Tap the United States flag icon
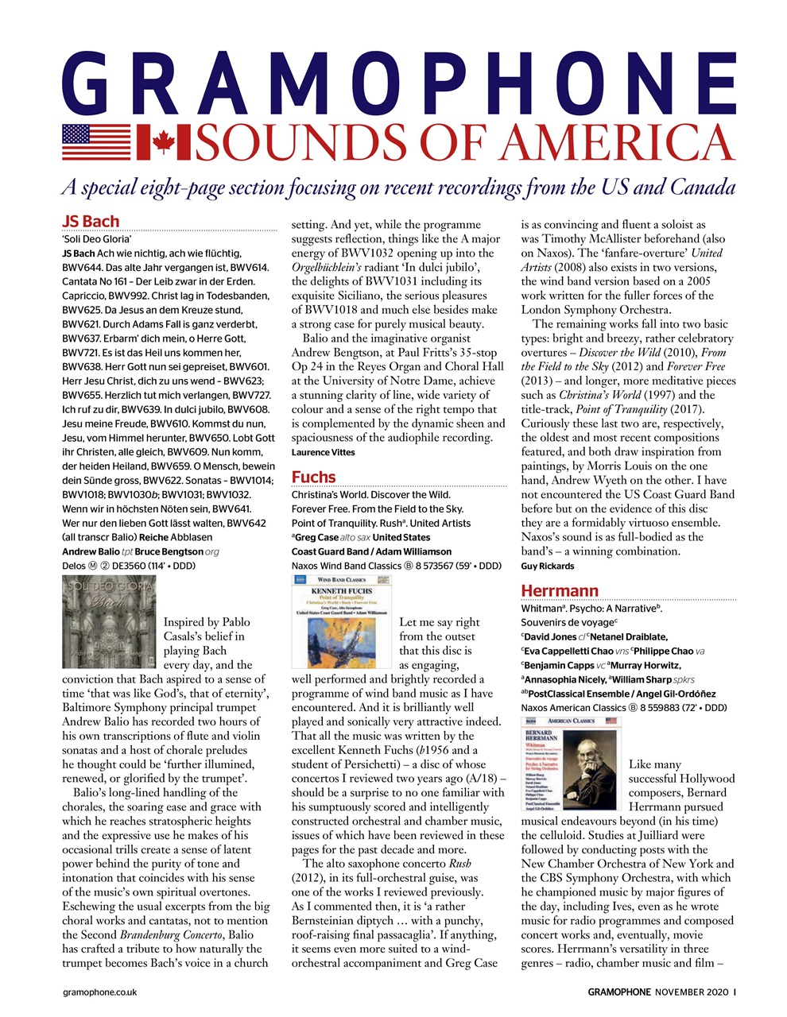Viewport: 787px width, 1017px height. click(x=96, y=143)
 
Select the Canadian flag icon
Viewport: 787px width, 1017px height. click(x=164, y=143)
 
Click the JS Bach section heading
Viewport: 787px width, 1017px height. click(x=91, y=222)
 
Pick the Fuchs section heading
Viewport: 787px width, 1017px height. click(x=313, y=477)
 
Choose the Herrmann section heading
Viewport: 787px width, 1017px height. click(x=559, y=590)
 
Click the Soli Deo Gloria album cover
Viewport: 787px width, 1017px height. click(x=109, y=621)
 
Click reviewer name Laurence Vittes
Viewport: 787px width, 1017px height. click(x=323, y=452)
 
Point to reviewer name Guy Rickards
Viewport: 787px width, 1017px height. click(x=547, y=567)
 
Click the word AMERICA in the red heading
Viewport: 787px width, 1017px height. click(x=621, y=143)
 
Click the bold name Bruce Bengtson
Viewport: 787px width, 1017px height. click(x=169, y=551)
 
